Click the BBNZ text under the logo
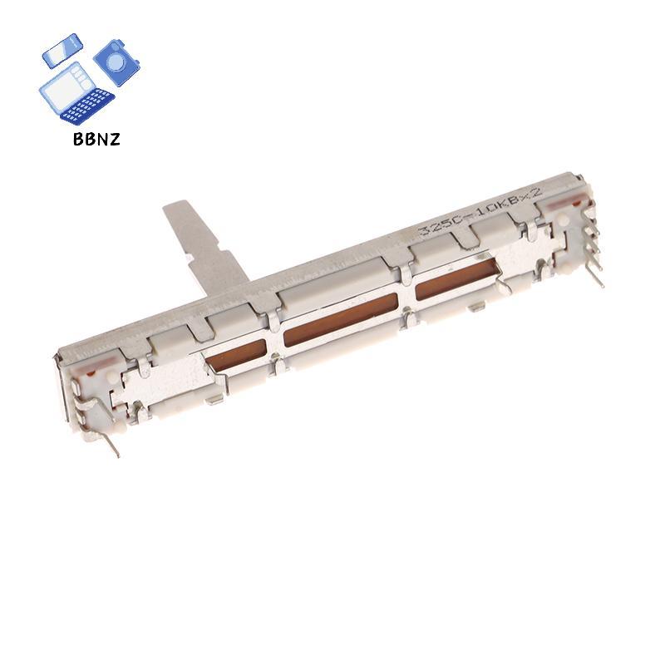pyautogui.click(x=96, y=139)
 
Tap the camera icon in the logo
pyautogui.click(x=116, y=62)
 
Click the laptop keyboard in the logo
pyautogui.click(x=89, y=106)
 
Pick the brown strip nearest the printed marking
pyautogui.click(x=456, y=278)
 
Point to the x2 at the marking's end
pyautogui.click(x=533, y=196)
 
